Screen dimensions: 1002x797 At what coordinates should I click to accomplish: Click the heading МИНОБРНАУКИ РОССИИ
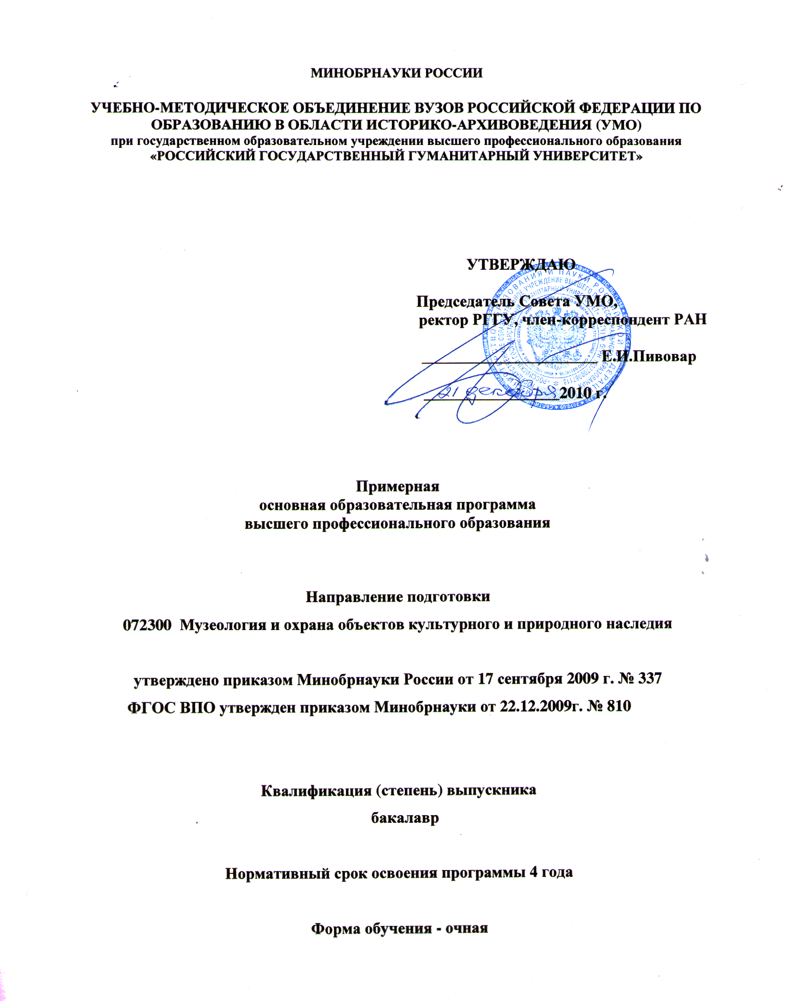pos(396,73)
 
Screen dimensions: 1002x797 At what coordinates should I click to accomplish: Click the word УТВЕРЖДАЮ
pos(521,264)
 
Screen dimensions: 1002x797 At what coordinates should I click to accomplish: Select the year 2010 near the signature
pos(575,393)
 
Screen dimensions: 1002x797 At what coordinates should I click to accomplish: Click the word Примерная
pos(398,486)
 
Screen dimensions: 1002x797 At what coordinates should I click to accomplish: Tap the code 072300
pos(147,625)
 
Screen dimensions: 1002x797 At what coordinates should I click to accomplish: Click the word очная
pos(466,928)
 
